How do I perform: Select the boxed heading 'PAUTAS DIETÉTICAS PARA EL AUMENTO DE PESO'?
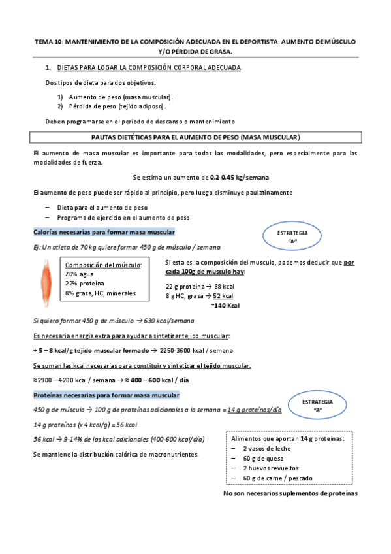[195, 138]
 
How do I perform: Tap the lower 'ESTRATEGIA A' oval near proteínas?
[319, 406]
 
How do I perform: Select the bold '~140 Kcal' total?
[225, 305]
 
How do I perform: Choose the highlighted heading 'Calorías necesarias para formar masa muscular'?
[103, 233]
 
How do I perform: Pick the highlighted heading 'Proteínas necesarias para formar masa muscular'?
[106, 396]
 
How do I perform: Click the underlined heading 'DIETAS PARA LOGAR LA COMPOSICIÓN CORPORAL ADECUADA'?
[149, 67]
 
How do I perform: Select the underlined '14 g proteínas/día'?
[255, 410]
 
